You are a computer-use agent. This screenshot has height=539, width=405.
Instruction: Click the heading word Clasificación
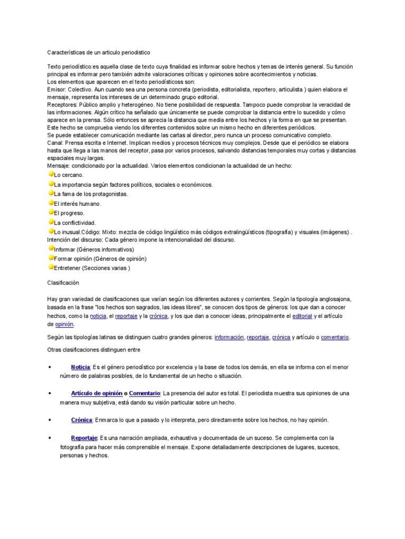[63, 283]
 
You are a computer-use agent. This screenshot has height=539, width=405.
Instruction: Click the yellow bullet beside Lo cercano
[51, 174]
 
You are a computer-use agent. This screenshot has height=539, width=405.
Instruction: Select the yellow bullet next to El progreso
[51, 213]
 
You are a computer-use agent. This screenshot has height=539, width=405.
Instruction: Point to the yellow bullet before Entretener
[51, 267]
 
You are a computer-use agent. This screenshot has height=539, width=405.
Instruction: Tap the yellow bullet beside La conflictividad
[51, 222]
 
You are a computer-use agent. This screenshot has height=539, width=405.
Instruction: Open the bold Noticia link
[81, 367]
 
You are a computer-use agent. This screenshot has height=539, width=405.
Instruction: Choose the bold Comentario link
[144, 394]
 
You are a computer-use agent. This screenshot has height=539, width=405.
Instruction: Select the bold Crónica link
[82, 420]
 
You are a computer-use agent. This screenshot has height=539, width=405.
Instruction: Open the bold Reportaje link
[84, 438]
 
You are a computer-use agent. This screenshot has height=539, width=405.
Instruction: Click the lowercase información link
[229, 337]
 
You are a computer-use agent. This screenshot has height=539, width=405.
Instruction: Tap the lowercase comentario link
[335, 337]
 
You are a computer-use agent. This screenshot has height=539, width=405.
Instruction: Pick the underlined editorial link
[302, 316]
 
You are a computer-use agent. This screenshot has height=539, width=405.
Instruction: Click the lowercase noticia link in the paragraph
[98, 316]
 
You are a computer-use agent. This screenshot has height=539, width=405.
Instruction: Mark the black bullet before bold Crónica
[49, 420]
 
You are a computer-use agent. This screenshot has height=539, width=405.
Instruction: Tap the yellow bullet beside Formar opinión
[51, 258]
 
